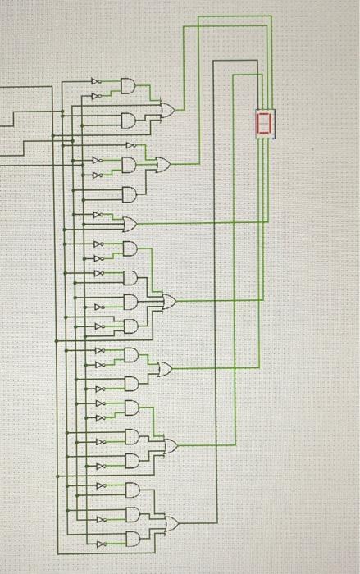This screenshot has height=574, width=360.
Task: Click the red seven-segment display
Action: [263, 123]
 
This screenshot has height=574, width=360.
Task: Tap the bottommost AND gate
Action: [131, 539]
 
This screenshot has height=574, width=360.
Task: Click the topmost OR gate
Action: [167, 110]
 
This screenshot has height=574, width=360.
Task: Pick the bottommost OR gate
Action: [171, 523]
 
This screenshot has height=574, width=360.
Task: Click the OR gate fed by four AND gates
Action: [169, 302]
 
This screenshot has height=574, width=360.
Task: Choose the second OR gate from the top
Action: [162, 165]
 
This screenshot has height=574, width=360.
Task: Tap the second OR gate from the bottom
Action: [171, 445]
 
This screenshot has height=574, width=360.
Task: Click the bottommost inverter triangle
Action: [100, 544]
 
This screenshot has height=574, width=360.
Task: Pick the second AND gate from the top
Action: [130, 121]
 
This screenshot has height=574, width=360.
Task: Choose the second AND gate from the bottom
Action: [131, 514]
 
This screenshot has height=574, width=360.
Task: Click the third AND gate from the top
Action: [130, 165]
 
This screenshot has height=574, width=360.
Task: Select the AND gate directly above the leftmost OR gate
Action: [130, 194]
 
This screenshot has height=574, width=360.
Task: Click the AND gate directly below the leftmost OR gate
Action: [130, 248]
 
